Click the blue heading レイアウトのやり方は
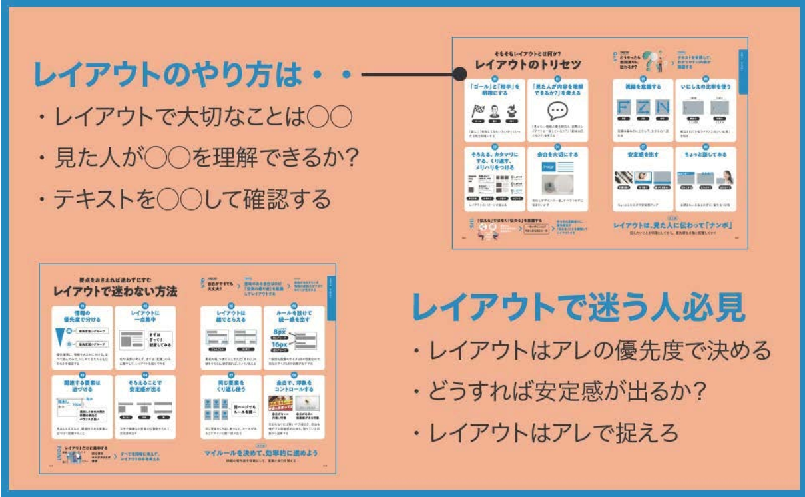(180, 75)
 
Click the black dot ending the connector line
(460, 75)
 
